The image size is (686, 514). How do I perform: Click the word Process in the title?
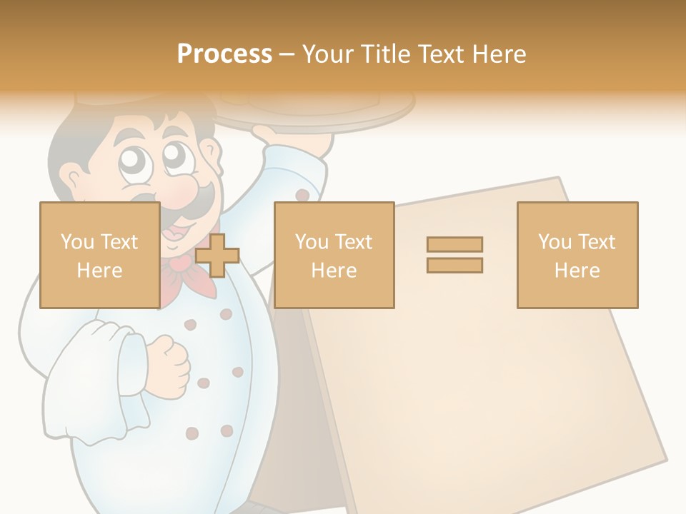coord(224,54)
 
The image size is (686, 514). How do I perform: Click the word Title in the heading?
coord(384,54)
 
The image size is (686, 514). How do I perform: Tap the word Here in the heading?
coord(497,54)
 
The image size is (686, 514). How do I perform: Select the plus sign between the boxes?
coord(217,255)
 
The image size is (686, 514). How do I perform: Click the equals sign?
coord(454,255)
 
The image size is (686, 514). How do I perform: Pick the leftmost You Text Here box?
coord(99,255)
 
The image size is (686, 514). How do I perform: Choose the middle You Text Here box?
coord(334,255)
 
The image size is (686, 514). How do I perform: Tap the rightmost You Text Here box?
coord(577,255)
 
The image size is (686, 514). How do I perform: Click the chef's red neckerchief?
coord(193,275)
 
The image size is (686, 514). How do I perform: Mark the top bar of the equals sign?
coord(454,244)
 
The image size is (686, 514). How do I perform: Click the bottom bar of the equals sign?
coord(454,265)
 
